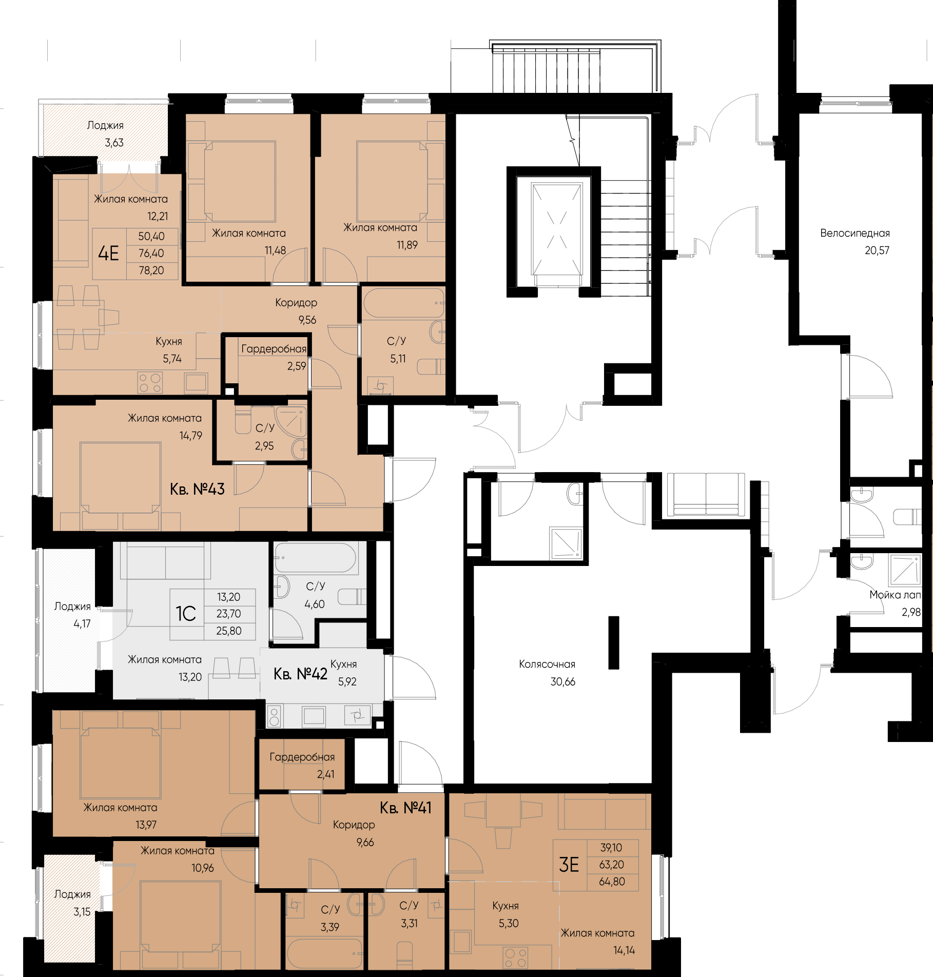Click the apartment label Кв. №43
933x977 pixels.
197,489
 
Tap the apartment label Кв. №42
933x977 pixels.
300,674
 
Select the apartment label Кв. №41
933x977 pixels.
405,808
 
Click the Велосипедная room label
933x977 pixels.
854,233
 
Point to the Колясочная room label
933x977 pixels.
547,665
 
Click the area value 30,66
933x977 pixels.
562,682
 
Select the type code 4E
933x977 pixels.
108,253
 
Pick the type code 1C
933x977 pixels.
186,614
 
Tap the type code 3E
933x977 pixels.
569,865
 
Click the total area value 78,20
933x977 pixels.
151,270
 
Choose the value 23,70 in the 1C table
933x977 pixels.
228,614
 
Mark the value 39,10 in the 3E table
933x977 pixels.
611,848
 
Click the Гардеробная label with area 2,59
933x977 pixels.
274,349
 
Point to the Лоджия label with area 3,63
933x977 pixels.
105,126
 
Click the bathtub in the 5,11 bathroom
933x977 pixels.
403,303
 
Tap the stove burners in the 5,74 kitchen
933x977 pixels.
150,383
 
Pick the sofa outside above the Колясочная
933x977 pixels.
706,495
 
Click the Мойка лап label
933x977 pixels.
895,595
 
